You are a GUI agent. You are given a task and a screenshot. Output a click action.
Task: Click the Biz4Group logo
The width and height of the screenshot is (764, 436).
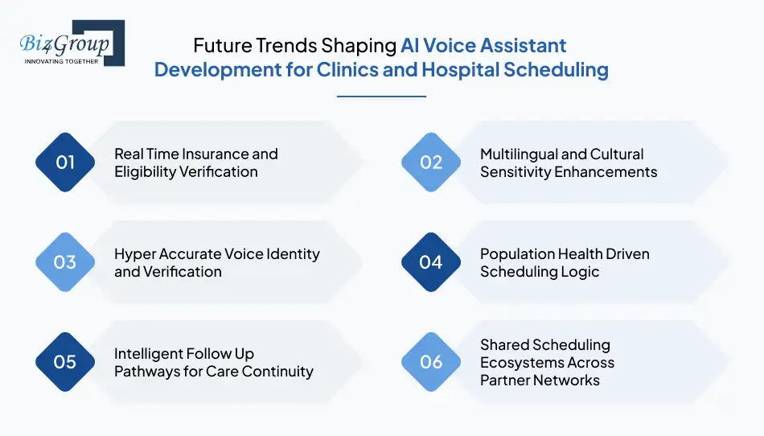click(x=72, y=43)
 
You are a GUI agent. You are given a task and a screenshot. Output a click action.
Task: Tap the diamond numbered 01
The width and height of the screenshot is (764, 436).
click(x=65, y=162)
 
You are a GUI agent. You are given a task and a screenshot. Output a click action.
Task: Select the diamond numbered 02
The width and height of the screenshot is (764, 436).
click(x=431, y=162)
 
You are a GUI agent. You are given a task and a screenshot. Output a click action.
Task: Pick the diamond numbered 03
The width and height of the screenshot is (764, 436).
click(x=65, y=262)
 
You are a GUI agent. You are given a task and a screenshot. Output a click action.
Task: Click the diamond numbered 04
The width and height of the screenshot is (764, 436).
click(x=431, y=262)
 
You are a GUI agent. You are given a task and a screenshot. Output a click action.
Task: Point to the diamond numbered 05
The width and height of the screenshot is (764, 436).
click(x=65, y=362)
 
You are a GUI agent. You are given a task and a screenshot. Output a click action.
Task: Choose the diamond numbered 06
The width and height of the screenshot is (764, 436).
click(x=431, y=362)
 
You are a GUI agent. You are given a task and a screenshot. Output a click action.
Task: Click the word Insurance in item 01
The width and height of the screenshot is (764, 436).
click(x=215, y=154)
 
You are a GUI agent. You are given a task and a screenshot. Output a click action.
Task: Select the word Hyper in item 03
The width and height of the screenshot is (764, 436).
click(x=134, y=254)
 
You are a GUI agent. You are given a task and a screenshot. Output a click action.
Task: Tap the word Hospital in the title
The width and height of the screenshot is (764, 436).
click(x=460, y=70)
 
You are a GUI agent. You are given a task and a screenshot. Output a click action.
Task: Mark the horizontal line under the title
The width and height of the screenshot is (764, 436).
click(x=381, y=97)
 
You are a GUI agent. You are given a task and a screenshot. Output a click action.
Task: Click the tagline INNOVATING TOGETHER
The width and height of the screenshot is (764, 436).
click(x=61, y=61)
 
